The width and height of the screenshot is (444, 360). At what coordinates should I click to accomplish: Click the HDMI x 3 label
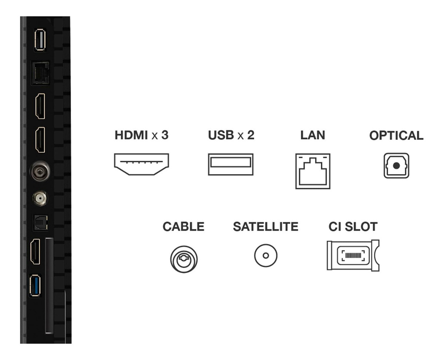142,135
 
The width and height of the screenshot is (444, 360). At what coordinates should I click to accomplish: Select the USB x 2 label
231,135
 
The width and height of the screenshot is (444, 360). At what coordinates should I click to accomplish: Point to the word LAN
313,135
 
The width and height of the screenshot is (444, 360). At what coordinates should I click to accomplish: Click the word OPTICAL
396,135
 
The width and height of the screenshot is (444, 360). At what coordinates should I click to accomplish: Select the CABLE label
184,226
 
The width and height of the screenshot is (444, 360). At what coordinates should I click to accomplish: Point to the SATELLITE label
266,226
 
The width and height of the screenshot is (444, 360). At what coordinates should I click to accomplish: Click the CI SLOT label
353,226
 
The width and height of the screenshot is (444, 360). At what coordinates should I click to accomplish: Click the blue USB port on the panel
35,286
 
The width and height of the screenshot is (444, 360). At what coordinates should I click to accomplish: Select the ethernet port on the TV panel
40,73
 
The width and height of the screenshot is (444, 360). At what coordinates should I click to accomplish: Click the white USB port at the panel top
40,40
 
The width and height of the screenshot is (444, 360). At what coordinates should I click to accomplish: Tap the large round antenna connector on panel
40,172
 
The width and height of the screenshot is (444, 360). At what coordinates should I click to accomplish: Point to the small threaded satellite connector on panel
40,198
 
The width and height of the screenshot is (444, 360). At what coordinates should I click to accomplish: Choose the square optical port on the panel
41,223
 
